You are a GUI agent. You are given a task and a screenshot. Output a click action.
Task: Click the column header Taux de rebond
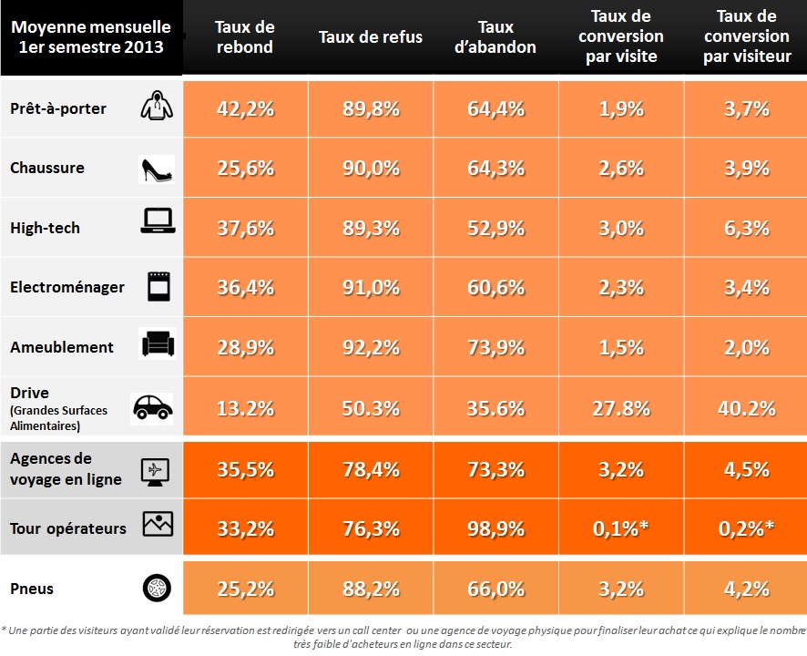pos(246,37)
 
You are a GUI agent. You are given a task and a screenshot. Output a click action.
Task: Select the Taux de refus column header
pos(371,37)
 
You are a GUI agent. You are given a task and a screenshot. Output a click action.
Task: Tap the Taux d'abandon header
pos(495,37)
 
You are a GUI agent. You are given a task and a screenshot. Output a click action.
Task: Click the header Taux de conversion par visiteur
pos(747,37)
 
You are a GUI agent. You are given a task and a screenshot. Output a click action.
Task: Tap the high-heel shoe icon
pos(156,169)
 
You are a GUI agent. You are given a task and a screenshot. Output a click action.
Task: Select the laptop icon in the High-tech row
pos(157,221)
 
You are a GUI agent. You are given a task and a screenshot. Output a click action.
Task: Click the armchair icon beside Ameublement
pos(157,345)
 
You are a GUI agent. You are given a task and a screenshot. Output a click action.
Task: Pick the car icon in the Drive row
pos(152,407)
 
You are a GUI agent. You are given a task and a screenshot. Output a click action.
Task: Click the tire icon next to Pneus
pos(157,589)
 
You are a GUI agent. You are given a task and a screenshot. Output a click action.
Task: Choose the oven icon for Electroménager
pos(158,286)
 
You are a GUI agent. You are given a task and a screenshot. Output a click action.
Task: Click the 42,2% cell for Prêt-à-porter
pos(246,108)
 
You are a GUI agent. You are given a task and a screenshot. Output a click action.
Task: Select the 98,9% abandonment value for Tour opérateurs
pos(495,528)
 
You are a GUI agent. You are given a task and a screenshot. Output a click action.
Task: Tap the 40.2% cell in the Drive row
pos(746,408)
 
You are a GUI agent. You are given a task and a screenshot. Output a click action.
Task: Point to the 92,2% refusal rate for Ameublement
pos(371,347)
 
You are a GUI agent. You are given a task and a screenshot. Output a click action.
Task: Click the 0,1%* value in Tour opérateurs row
pos(621,528)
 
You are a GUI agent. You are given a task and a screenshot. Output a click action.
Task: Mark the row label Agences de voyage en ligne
pos(66,469)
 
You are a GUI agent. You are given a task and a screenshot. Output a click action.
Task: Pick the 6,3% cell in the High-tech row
pos(746,228)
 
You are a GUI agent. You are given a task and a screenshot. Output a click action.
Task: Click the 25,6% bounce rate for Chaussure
pos(246,169)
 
